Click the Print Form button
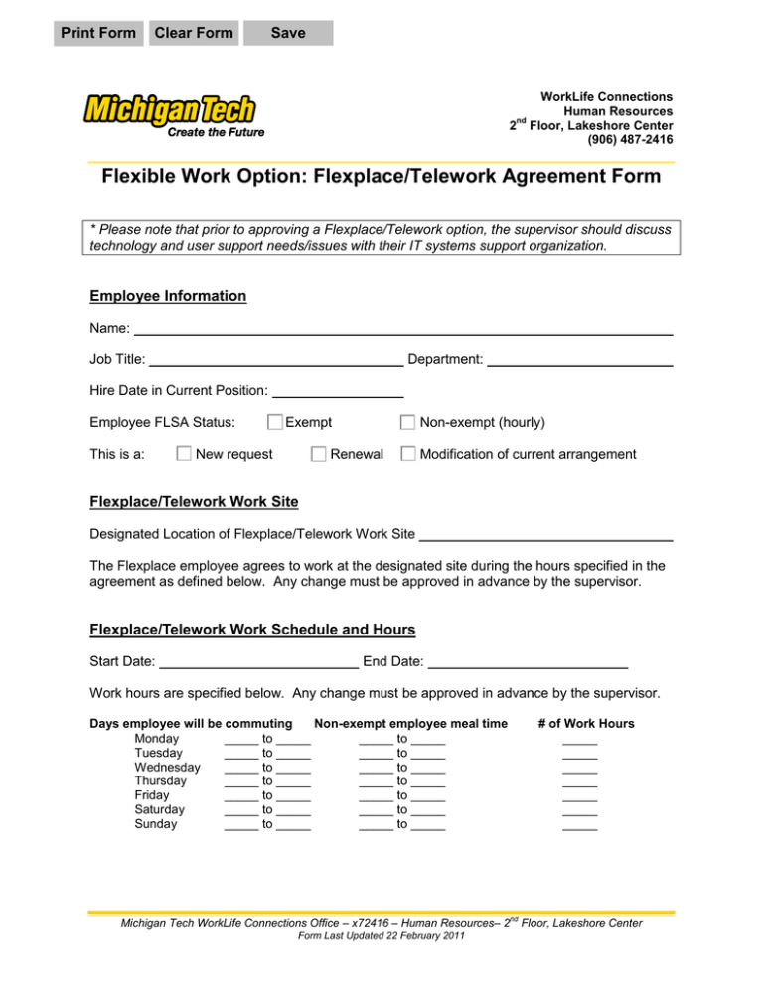coord(98,33)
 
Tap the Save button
coord(288,33)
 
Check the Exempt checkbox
coord(275,422)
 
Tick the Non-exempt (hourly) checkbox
coord(407,422)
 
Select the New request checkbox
coord(184,454)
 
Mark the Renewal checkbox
coord(318,454)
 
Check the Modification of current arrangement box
coord(407,454)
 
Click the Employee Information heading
coord(168,296)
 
